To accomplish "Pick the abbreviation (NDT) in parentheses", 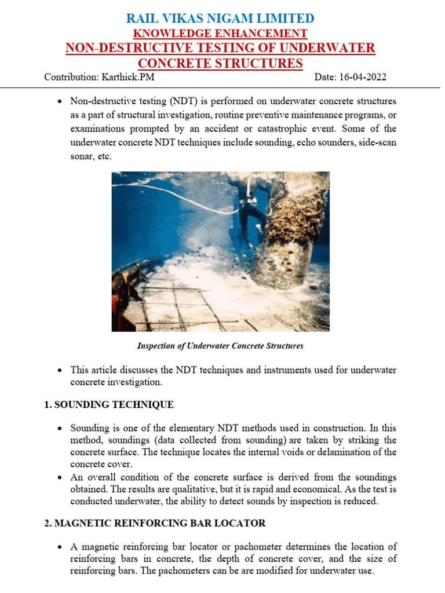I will point(184,101).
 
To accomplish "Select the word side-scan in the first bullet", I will point(377,142).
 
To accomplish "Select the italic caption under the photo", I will point(220,346).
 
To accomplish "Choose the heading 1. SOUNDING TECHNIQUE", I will point(109,404).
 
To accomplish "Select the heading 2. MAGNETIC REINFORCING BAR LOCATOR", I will point(155,523).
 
